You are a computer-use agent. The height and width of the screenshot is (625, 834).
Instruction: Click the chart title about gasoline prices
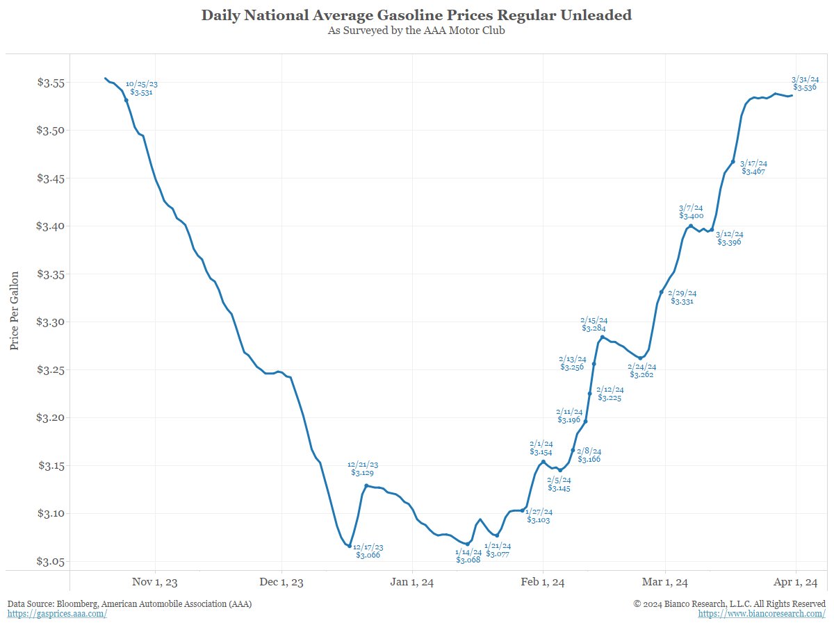[417, 15]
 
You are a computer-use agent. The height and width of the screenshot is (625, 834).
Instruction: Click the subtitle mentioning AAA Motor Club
[417, 31]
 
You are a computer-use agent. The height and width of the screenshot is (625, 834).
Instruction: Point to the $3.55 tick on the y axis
[50, 83]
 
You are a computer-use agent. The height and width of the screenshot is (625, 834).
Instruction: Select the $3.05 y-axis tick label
[50, 561]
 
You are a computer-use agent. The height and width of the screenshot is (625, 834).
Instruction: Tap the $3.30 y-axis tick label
[50, 322]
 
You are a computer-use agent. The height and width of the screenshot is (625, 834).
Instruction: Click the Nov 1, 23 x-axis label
[155, 582]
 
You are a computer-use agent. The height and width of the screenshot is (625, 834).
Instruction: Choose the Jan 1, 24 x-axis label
[413, 582]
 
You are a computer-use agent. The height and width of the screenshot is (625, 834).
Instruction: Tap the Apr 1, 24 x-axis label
[795, 582]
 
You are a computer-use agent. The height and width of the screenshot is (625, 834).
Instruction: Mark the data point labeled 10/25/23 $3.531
[126, 100]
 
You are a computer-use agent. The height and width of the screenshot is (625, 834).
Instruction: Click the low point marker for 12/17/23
[350, 546]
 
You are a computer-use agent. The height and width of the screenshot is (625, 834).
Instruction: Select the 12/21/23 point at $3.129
[366, 485]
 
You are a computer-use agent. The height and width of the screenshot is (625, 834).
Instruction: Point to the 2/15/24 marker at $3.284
[602, 337]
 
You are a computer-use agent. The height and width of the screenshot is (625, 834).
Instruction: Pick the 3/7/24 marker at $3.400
[690, 226]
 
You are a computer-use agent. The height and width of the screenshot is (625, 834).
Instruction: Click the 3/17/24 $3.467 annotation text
[753, 167]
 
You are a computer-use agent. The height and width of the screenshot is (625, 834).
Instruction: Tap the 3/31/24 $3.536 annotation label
[805, 83]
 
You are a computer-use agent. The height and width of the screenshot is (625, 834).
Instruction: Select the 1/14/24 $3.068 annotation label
[468, 556]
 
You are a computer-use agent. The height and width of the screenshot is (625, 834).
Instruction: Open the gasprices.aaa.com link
[57, 615]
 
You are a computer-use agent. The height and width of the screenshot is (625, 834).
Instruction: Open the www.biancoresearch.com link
[762, 615]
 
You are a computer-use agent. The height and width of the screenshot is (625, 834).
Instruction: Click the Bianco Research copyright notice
[729, 604]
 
